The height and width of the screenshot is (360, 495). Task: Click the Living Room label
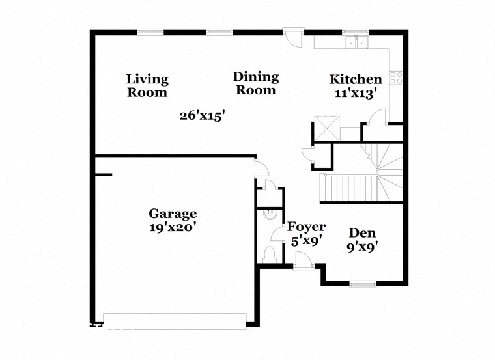tap(147, 86)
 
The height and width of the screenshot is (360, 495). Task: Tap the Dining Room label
tap(255, 84)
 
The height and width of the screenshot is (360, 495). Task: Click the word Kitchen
tap(356, 79)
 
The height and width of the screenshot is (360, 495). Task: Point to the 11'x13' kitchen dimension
tap(356, 93)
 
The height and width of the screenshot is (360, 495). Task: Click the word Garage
tap(173, 214)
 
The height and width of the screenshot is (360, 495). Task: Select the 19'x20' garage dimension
tap(173, 227)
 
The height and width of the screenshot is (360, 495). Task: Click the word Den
tap(363, 232)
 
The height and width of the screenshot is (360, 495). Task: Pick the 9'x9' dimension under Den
tap(363, 247)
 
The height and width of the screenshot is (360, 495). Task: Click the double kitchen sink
tap(356, 43)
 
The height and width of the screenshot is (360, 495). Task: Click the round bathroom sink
tap(267, 213)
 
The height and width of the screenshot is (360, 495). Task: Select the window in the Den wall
tap(363, 284)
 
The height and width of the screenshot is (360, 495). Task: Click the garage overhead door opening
tap(175, 320)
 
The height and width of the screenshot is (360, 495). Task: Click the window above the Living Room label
tap(150, 31)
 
